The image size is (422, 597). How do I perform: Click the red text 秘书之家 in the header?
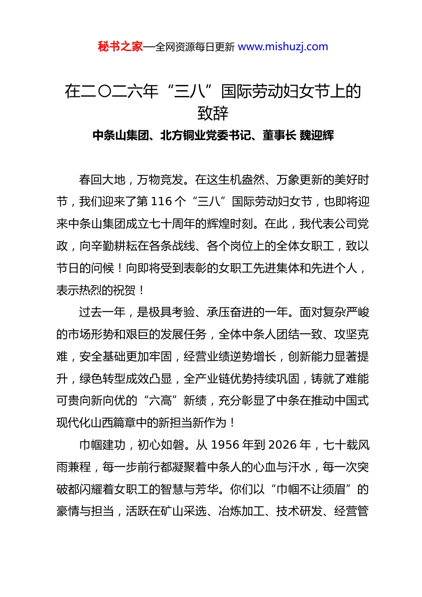tap(120, 47)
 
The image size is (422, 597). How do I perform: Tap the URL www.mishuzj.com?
tap(283, 47)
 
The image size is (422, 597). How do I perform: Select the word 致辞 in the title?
tap(213, 113)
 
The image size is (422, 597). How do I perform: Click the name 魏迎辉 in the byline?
tap(317, 135)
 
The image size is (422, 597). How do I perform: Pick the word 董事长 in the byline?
tap(279, 135)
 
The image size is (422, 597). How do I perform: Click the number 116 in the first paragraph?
tap(161, 202)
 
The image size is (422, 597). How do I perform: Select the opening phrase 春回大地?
tap(102, 179)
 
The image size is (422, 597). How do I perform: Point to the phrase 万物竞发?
tap(160, 179)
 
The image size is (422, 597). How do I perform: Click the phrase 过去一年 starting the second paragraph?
tap(102, 312)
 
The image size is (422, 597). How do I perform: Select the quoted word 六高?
tap(160, 401)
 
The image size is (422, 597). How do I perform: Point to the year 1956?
tap(226, 445)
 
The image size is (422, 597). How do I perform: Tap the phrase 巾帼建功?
tap(102, 445)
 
